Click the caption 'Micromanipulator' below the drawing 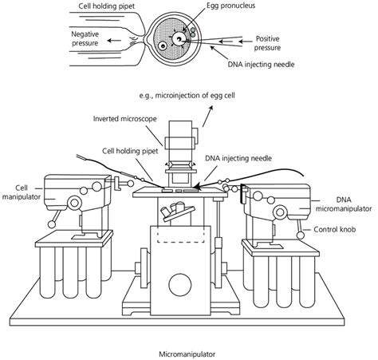click(x=187, y=350)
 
